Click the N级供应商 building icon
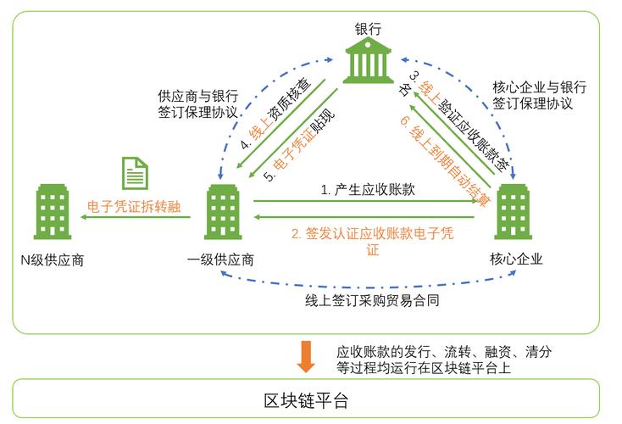click(x=52, y=210)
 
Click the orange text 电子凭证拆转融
click(x=134, y=207)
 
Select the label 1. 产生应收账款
click(x=367, y=191)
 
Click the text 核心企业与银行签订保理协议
click(x=539, y=95)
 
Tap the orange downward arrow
click(x=306, y=356)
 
